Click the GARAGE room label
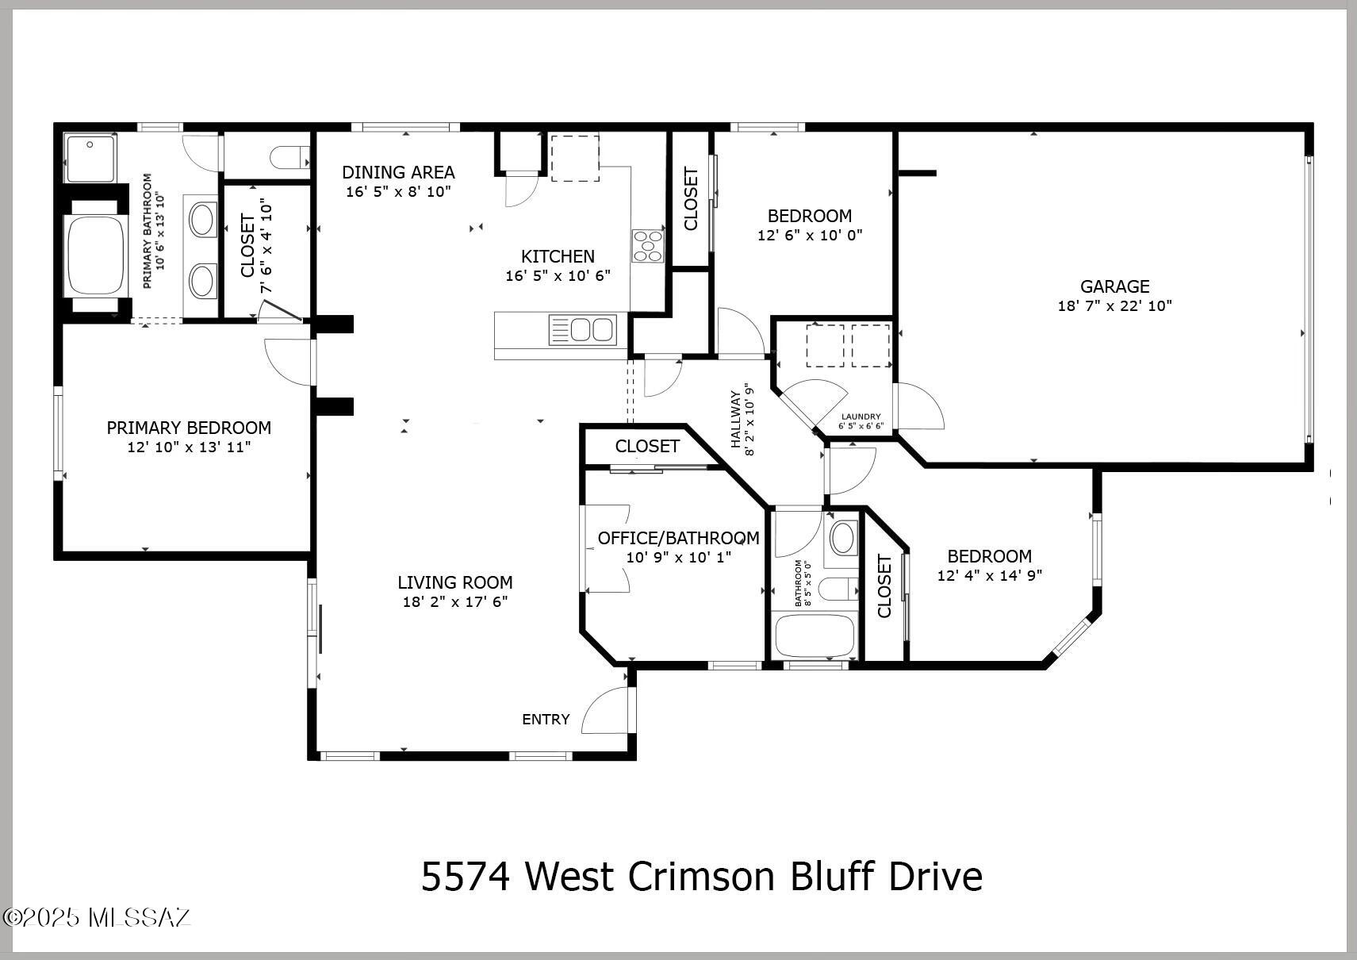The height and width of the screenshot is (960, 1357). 1114,286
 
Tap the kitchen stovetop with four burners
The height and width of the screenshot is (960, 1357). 648,246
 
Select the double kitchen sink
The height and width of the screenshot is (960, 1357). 582,330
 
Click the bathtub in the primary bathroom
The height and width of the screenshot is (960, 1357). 96,255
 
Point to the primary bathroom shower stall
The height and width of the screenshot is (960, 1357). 90,158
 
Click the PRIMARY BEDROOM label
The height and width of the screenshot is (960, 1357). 189,428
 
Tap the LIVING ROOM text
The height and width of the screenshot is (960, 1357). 455,582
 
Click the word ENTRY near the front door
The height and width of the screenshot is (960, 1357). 546,720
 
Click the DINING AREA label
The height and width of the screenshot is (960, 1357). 399,173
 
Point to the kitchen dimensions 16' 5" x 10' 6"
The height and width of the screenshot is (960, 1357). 558,276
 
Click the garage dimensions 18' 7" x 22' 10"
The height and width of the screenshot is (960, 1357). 1114,305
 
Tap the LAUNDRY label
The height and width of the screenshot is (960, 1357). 861,417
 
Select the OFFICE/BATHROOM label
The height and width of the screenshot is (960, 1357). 679,538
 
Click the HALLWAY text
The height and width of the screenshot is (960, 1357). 735,420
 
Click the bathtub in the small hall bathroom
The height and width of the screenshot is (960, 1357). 815,636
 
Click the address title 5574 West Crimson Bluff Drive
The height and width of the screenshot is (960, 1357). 702,877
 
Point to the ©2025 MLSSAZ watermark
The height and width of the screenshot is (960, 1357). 97,918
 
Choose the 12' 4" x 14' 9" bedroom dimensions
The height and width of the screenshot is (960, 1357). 990,575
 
